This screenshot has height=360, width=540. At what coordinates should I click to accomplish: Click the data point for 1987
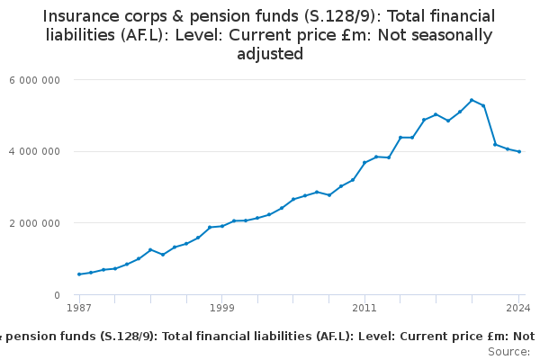[79, 274]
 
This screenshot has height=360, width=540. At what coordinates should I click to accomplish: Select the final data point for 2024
[519, 152]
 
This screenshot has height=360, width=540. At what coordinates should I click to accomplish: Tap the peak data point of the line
[472, 100]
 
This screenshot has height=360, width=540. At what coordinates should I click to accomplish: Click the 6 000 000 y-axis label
[35, 79]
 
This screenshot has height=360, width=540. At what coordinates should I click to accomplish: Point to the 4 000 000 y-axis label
[35, 151]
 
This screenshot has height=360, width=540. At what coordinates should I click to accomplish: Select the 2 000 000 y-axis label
[35, 223]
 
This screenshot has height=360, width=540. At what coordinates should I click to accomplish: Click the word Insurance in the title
[85, 16]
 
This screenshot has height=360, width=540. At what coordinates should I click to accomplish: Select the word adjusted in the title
[270, 54]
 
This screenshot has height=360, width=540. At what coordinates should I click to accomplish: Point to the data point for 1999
[221, 226]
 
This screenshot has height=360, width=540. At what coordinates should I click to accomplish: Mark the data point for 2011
[364, 163]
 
